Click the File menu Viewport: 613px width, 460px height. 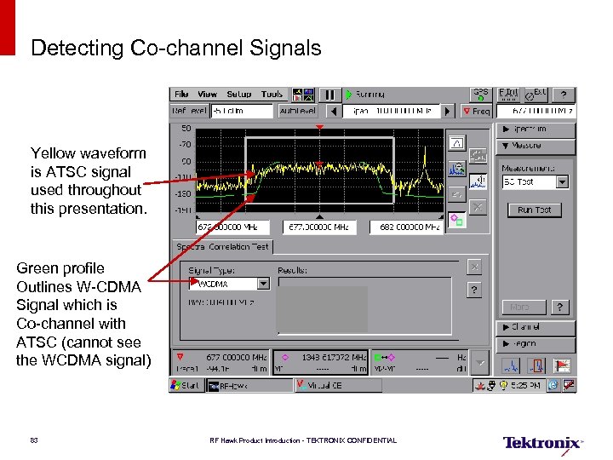coord(181,95)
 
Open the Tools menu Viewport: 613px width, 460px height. coord(272,95)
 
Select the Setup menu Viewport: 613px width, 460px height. coord(238,95)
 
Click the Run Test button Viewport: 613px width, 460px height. coord(534,210)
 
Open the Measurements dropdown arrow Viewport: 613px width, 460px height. coord(562,181)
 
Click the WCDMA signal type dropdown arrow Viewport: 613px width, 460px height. coord(263,284)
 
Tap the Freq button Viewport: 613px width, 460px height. coord(476,112)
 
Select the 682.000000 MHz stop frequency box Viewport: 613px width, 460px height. coord(406,227)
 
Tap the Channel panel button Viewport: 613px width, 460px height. coord(536,327)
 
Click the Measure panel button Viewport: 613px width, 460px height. coord(536,147)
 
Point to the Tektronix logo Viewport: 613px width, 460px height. coord(542,443)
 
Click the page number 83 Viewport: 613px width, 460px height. coord(34,440)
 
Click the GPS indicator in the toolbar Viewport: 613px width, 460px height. coord(481,94)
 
